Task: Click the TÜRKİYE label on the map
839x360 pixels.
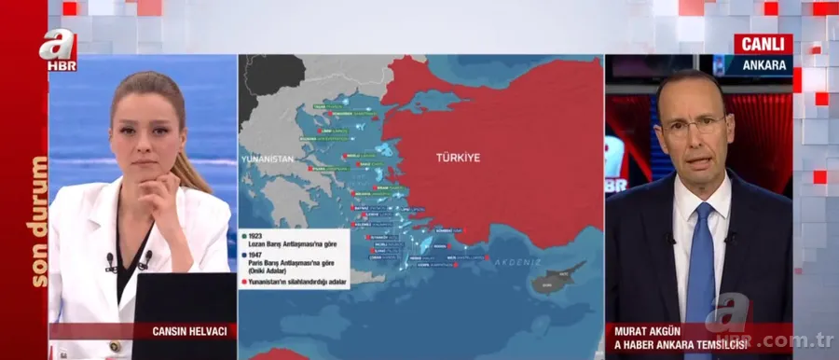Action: [x=458, y=158]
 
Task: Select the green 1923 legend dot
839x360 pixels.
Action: [x=242, y=235]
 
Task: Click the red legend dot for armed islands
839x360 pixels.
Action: [x=242, y=281]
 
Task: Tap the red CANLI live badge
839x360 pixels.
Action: [x=763, y=44]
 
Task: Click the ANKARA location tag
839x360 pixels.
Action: [x=763, y=65]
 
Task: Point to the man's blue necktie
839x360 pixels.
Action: [x=698, y=270]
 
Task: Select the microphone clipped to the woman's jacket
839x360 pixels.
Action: [x=111, y=260]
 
